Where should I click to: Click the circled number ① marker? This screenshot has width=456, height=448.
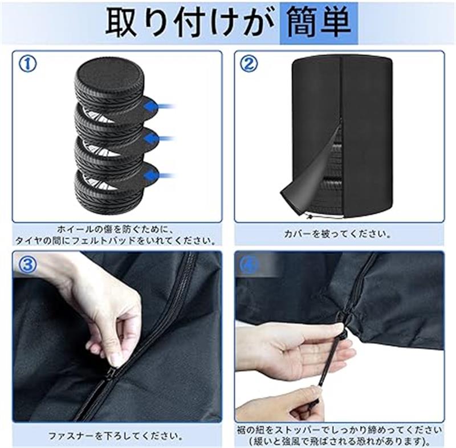click(28, 64)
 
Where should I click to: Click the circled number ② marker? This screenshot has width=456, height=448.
click(249, 64)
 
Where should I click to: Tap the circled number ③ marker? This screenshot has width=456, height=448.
click(28, 265)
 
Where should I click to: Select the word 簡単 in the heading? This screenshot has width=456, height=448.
click(319, 23)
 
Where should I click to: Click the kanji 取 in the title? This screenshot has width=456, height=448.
click(120, 23)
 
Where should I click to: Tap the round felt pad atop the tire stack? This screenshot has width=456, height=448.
click(108, 71)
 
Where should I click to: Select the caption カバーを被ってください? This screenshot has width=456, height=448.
click(338, 234)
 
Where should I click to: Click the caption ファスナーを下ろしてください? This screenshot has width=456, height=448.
click(116, 436)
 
